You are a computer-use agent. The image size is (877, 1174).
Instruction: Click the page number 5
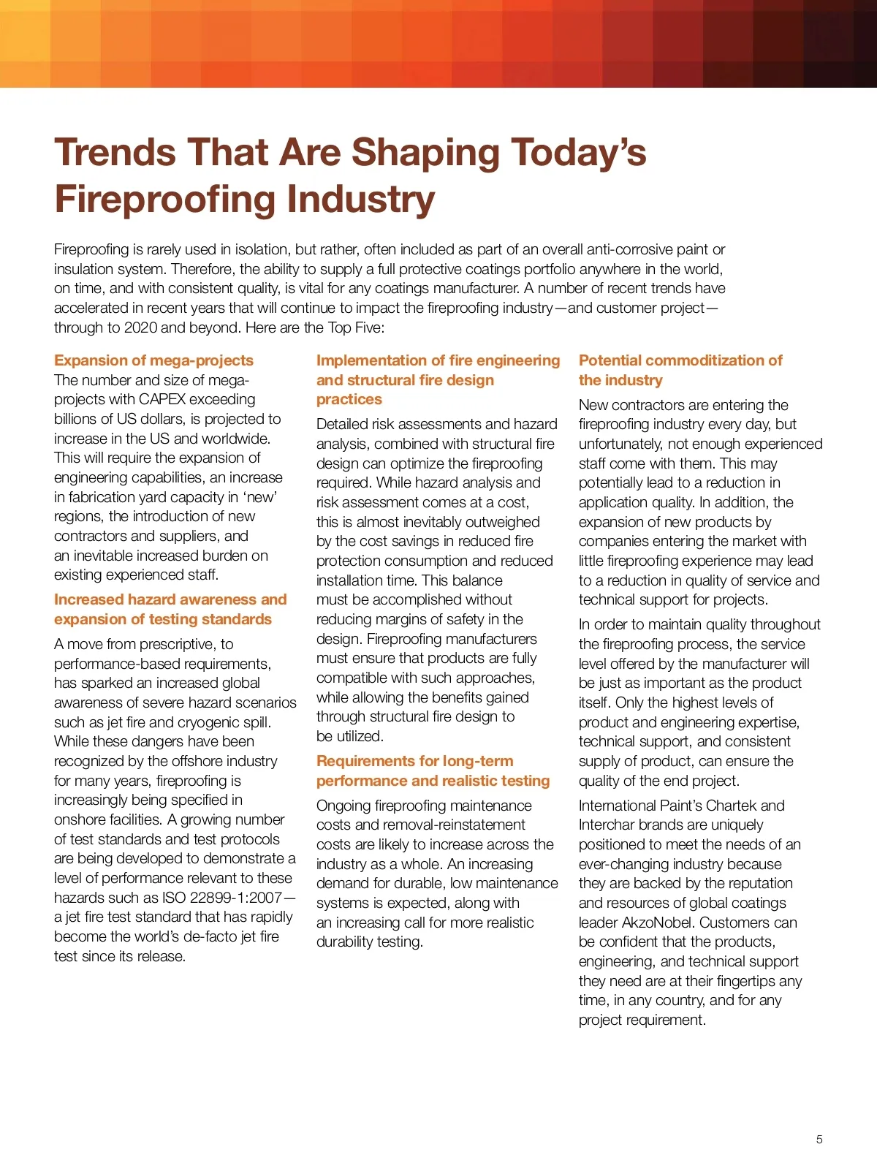point(819,1139)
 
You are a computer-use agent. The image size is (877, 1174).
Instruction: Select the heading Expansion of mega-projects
point(153,360)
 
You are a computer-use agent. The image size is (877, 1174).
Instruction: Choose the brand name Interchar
point(608,825)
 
